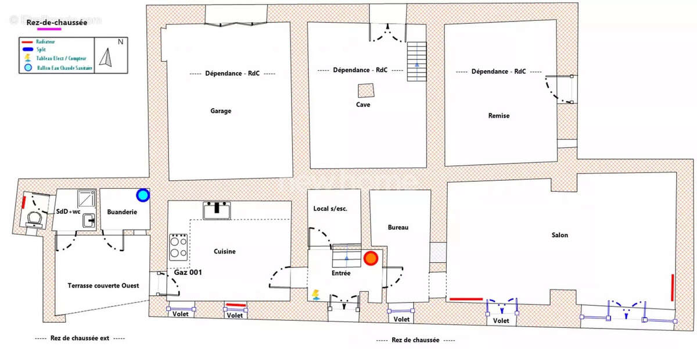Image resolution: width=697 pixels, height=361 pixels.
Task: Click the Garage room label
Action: (x=220, y=111)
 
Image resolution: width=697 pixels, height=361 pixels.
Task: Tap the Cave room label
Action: (x=364, y=105)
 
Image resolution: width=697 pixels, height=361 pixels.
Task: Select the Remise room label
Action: (x=498, y=116)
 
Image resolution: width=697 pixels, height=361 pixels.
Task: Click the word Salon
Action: (x=560, y=235)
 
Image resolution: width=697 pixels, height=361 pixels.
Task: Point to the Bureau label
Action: (x=398, y=227)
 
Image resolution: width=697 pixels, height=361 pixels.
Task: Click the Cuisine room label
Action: (x=224, y=251)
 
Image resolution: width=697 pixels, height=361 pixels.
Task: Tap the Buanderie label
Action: (x=122, y=212)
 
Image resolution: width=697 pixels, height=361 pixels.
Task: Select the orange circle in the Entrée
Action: (x=371, y=258)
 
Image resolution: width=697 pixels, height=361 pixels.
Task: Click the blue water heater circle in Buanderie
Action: (x=142, y=195)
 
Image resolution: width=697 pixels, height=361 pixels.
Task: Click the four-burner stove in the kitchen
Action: (x=178, y=247)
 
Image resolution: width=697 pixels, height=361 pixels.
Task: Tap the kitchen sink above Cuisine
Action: (x=217, y=210)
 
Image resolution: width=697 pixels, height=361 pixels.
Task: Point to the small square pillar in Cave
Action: (x=365, y=91)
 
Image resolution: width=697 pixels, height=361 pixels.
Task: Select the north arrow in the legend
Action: (x=106, y=57)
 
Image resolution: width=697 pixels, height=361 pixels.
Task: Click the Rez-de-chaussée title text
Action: (x=57, y=23)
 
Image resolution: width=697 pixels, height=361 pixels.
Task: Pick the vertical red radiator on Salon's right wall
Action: (x=673, y=287)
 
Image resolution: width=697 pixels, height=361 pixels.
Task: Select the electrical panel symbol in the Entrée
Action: (x=315, y=294)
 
